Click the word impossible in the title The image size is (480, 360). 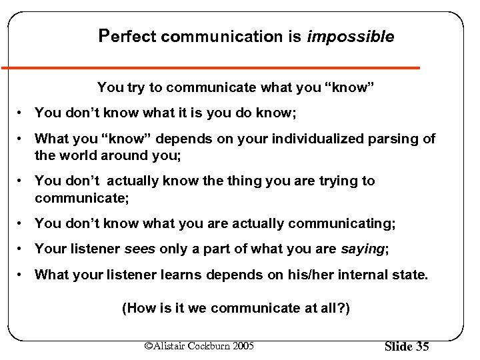350,37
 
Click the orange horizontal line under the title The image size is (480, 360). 210,67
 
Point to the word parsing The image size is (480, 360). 396,139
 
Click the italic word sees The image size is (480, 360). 140,249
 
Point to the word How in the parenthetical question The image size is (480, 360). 139,309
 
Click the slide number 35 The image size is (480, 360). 423,347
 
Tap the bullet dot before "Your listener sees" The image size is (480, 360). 22,249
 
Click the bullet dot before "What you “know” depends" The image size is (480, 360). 22,139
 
